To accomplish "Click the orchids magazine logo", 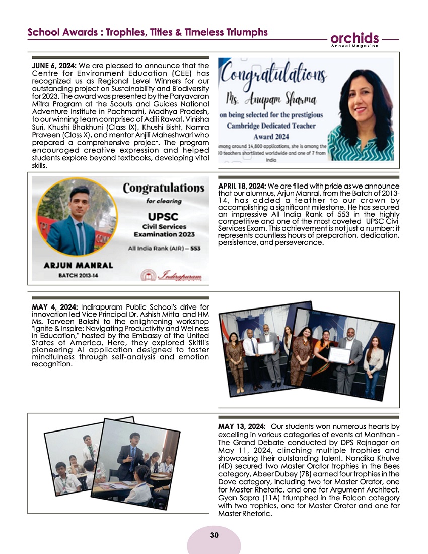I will click(354, 38).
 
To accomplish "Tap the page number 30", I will click(214, 535).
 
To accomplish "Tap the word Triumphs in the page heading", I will click(245, 32).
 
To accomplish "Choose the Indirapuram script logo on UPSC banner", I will click(176, 275).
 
